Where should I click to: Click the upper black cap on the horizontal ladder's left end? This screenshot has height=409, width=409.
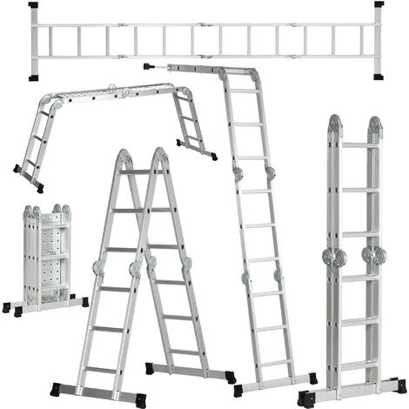[33, 5]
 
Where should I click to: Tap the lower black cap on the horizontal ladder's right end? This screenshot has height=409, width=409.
[379, 77]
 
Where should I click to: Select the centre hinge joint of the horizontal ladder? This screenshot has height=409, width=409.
[206, 40]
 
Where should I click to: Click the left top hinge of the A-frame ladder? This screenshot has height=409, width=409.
[125, 158]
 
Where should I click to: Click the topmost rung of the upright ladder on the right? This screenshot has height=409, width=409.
[357, 145]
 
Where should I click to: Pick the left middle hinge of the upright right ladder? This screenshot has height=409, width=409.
[336, 258]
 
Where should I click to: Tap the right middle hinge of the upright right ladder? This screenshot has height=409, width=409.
[378, 258]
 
